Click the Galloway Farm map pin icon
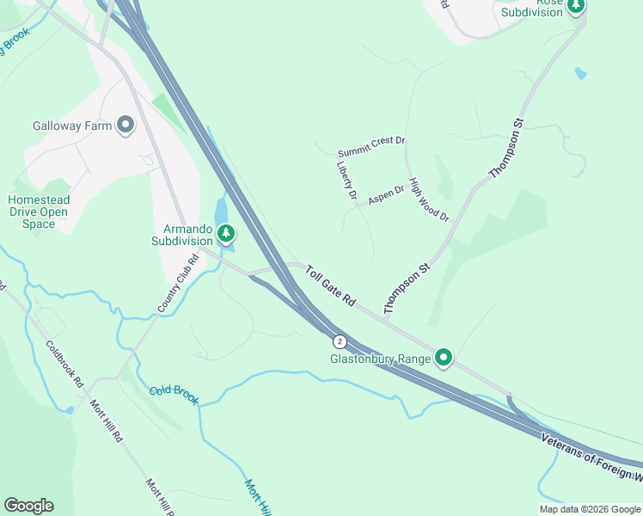(126, 126)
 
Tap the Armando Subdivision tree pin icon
(226, 232)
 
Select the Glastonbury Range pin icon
(444, 356)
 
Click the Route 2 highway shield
(340, 341)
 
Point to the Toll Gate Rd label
(330, 286)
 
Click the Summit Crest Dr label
(371, 141)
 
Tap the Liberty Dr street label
(346, 181)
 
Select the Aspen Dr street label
(386, 195)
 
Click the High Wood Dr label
(429, 200)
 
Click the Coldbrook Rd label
(64, 364)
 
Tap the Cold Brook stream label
(174, 395)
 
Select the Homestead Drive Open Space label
(39, 212)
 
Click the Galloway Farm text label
(73, 126)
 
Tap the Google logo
(28, 506)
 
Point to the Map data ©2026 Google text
(589, 509)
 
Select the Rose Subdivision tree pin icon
(575, 6)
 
